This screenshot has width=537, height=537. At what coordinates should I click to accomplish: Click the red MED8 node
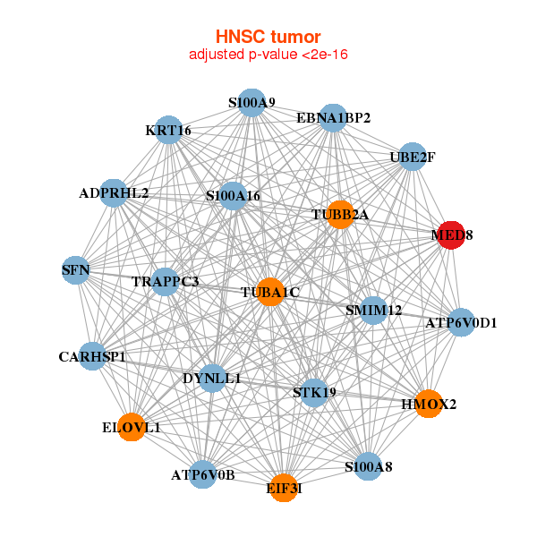pos(451,235)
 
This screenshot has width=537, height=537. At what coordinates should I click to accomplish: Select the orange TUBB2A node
pos(340,214)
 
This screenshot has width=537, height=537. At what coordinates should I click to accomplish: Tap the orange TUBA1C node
pos(270,292)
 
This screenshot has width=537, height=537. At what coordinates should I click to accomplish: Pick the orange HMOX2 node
pos(429,405)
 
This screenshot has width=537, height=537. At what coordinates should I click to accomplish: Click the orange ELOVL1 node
pos(132,428)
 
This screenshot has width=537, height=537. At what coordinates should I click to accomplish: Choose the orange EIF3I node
pos(284,488)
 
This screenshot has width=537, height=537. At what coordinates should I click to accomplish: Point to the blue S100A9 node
pos(251,103)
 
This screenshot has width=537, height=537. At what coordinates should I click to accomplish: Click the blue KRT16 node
pos(168,131)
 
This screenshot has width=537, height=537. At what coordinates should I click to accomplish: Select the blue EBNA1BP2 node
pos(333,117)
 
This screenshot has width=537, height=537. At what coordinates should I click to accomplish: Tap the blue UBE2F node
pos(412,158)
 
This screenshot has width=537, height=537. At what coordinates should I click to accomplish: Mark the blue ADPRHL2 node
pos(114,192)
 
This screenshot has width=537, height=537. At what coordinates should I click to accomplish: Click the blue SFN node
pos(75,268)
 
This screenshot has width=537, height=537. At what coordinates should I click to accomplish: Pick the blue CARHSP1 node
pos(92,357)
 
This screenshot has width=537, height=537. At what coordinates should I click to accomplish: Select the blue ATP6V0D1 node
pos(461,322)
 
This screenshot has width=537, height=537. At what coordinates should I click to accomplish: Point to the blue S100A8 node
pos(369,466)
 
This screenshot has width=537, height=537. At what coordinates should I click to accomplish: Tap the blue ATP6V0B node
pos(203,474)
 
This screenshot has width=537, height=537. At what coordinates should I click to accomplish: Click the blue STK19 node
pos(314,392)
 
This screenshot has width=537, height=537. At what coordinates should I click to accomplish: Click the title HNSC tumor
pos(268,37)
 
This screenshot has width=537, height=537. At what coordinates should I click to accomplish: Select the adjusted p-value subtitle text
pos(268,55)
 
